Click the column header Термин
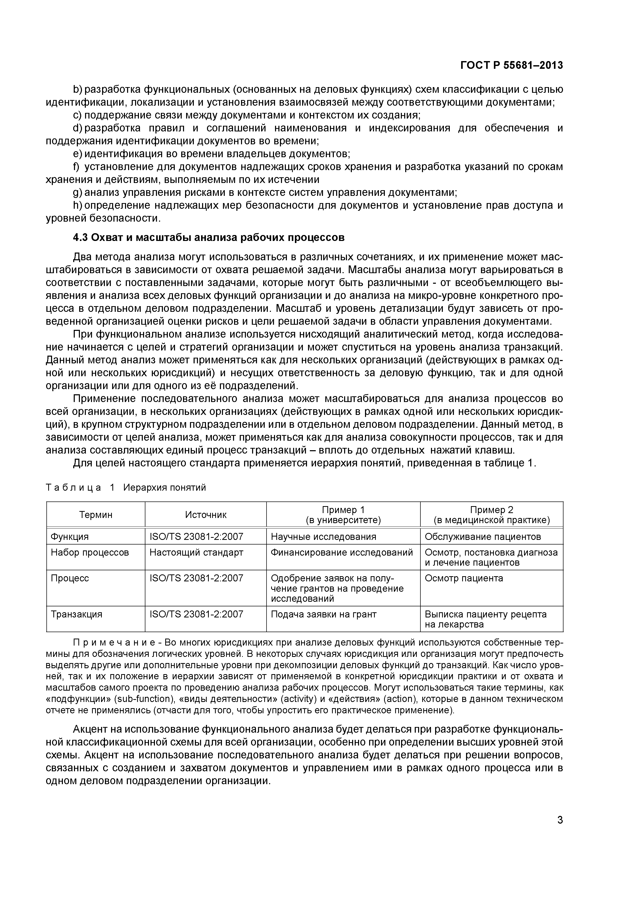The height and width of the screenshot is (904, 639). pos(96,515)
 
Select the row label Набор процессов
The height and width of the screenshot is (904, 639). pos(90,553)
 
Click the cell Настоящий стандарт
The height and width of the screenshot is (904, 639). pos(196,553)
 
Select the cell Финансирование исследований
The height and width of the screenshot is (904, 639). pos(342,553)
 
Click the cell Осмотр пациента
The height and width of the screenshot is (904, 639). pos(463,578)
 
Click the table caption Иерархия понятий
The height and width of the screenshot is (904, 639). pos(164,488)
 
